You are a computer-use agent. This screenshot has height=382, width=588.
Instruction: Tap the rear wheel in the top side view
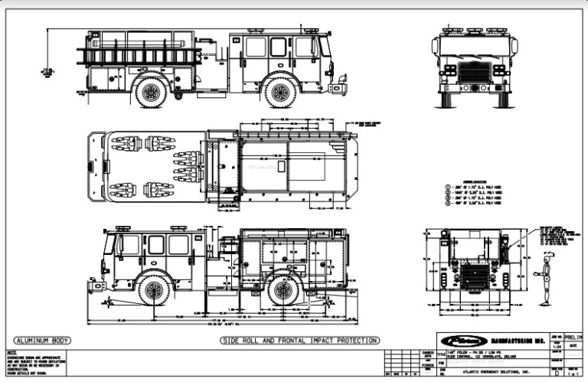[151, 93]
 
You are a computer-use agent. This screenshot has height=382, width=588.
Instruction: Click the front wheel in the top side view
[280, 93]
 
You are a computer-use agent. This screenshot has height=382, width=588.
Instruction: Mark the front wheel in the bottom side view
[154, 290]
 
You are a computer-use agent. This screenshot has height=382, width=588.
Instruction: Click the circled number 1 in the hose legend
[446, 187]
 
